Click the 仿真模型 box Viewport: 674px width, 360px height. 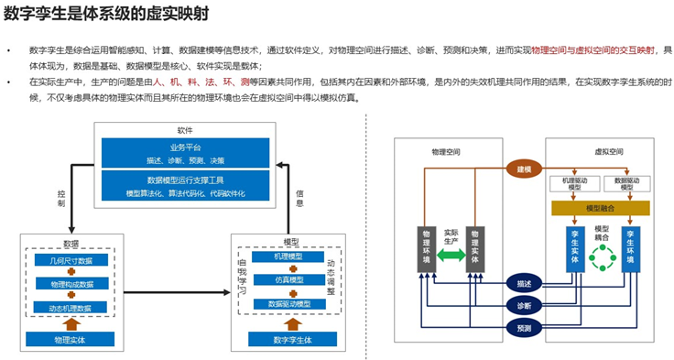[293, 279]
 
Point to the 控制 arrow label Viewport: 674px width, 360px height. [61, 200]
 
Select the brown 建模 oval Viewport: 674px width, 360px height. [524, 169]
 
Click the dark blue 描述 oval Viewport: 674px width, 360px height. [524, 283]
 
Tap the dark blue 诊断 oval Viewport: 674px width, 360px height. [524, 305]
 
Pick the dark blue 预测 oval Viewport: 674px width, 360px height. [524, 327]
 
